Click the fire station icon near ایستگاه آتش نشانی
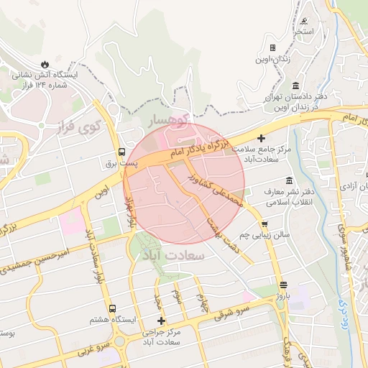pyautogui.click(x=46, y=63)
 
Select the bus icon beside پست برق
pyautogui.click(x=121, y=152)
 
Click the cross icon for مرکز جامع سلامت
pyautogui.click(x=261, y=137)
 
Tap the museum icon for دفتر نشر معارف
pyautogui.click(x=289, y=180)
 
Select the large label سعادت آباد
pyautogui.click(x=175, y=255)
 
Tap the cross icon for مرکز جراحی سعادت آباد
pyautogui.click(x=160, y=321)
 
